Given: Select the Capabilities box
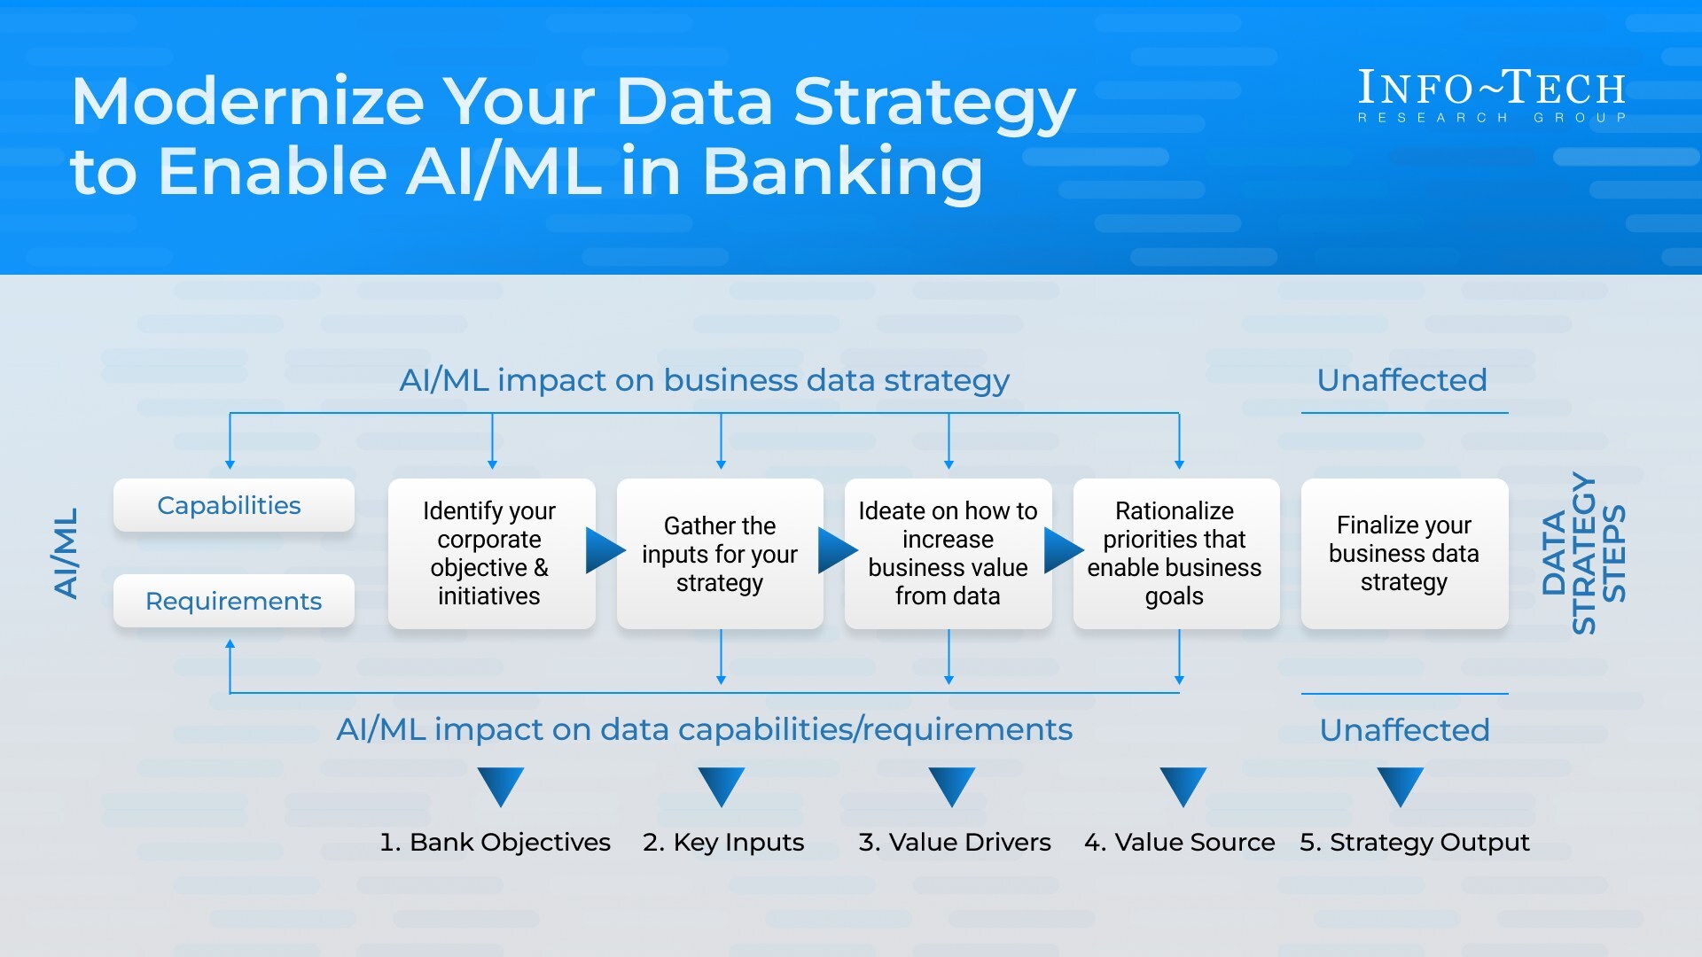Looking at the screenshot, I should click(x=233, y=505).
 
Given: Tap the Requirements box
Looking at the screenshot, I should click(x=233, y=601).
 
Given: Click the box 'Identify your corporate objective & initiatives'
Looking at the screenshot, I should click(x=490, y=554).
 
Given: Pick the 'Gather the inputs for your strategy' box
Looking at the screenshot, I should click(x=719, y=554).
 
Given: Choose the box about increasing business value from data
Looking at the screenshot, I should click(x=948, y=554).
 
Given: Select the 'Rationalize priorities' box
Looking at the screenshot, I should click(x=1175, y=554).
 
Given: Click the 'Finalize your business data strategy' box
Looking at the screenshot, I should click(x=1404, y=554).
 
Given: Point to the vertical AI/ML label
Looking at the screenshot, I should click(x=66, y=554).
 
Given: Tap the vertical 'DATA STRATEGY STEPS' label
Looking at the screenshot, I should click(x=1584, y=554).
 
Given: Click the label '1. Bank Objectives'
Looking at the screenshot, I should click(x=495, y=842).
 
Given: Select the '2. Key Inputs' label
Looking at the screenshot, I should click(x=723, y=842).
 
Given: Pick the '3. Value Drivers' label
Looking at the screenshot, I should click(x=955, y=842).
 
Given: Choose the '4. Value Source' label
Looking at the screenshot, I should click(x=1180, y=842).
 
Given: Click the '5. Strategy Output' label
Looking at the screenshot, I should click(x=1415, y=842).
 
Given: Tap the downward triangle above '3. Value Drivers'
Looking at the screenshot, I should click(x=951, y=785).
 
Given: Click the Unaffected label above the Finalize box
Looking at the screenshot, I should click(x=1401, y=380).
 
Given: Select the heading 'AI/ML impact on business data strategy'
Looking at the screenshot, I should click(x=704, y=380).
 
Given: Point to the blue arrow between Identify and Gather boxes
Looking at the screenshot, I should click(x=605, y=550).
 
